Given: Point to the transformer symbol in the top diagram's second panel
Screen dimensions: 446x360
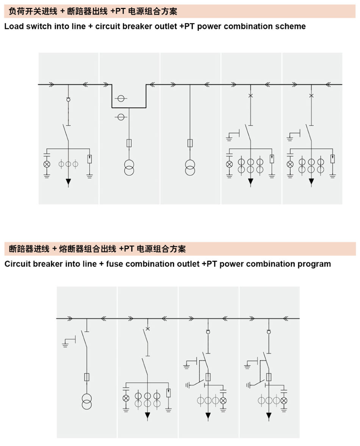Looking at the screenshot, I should (129, 168).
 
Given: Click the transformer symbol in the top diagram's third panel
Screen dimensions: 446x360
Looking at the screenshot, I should (190, 168).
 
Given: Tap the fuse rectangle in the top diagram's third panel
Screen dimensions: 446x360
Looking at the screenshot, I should (190, 143).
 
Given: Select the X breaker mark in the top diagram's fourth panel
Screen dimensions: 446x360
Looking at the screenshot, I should (250, 96).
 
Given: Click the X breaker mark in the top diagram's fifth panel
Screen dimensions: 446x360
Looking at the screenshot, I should (311, 96).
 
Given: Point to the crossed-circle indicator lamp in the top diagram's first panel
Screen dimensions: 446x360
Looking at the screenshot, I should (47, 164).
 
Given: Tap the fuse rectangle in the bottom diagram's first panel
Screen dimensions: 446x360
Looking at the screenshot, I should (87, 377).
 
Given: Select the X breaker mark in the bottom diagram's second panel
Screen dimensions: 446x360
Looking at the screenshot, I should (148, 329).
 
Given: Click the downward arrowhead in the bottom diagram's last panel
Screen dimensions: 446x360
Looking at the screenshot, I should (269, 416).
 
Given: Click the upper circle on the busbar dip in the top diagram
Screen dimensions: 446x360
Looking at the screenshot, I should (121, 99).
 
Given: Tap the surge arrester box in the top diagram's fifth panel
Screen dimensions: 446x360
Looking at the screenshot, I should (332, 159).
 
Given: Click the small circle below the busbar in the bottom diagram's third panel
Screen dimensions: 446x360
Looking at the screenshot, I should (208, 332).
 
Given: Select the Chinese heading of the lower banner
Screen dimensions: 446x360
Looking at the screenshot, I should (97, 249).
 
